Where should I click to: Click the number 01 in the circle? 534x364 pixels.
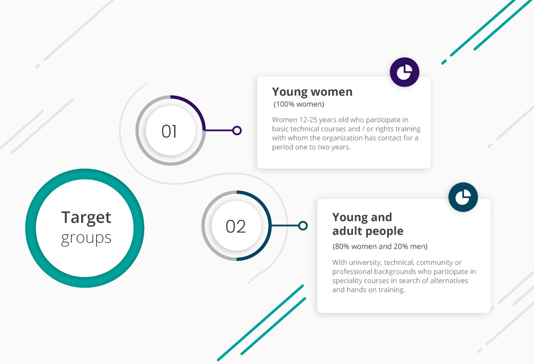pos(169,131)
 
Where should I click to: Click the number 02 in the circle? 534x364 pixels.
pos(235,227)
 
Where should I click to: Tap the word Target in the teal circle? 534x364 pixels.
pos(86,218)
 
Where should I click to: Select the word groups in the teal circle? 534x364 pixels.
pos(86,238)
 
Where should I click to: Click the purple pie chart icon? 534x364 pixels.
pos(405,72)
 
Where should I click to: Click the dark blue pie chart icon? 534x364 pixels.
pos(463,197)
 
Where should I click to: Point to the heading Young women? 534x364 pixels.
pos(312,92)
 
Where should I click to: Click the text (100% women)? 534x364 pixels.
pos(299,104)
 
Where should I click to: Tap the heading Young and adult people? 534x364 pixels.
pos(368,224)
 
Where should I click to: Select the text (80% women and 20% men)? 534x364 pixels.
pos(380,246)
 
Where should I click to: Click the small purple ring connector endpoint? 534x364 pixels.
pos(237,130)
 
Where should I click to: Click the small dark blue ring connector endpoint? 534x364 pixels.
pos(303,226)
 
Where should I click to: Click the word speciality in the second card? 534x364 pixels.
pos(347,281)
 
